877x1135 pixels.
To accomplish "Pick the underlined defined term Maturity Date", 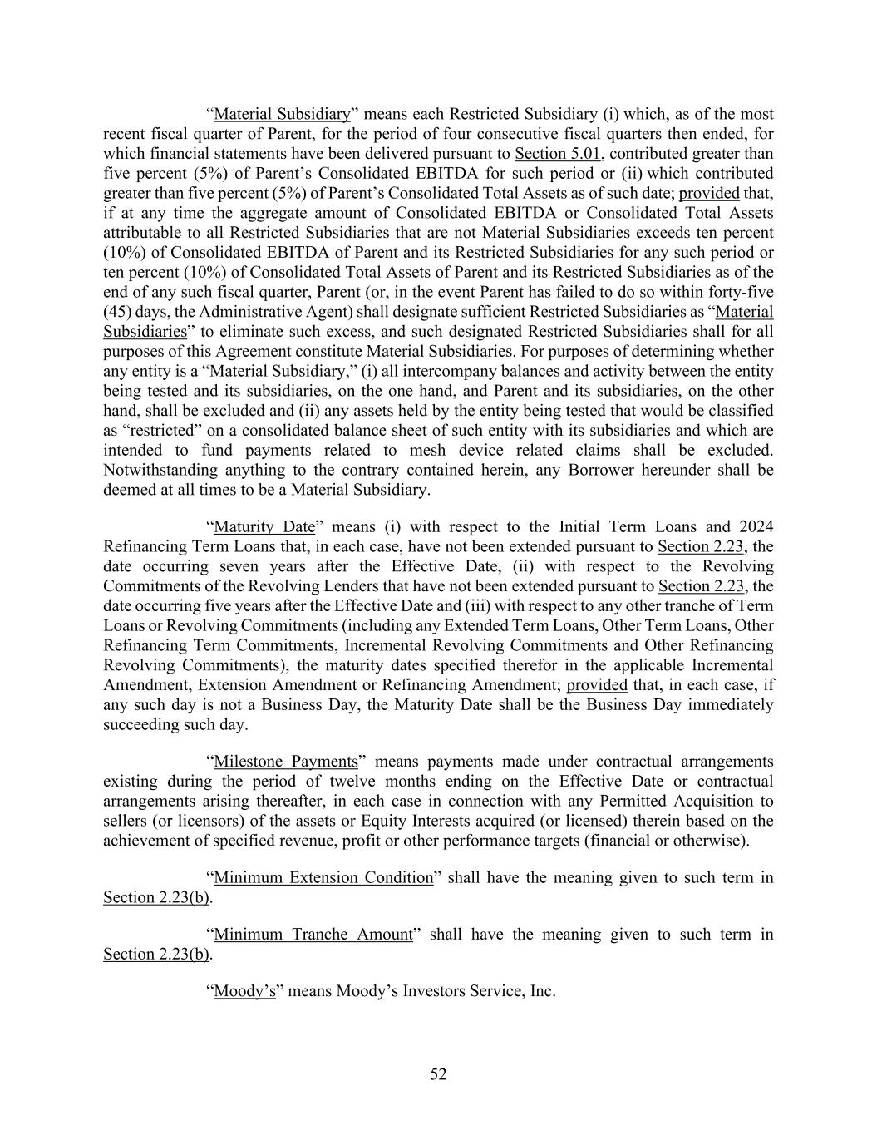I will coord(264,527).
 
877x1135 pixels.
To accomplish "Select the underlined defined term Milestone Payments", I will coord(286,762).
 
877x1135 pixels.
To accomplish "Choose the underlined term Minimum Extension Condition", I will coord(323,878).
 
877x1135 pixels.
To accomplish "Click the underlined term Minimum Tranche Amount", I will coord(313,935).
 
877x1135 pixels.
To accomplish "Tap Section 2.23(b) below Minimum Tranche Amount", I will coord(156,955).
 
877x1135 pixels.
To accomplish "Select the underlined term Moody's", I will coord(244,992).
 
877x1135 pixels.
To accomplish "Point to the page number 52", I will coord(438,1075).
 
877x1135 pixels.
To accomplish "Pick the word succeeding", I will coord(138,724).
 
